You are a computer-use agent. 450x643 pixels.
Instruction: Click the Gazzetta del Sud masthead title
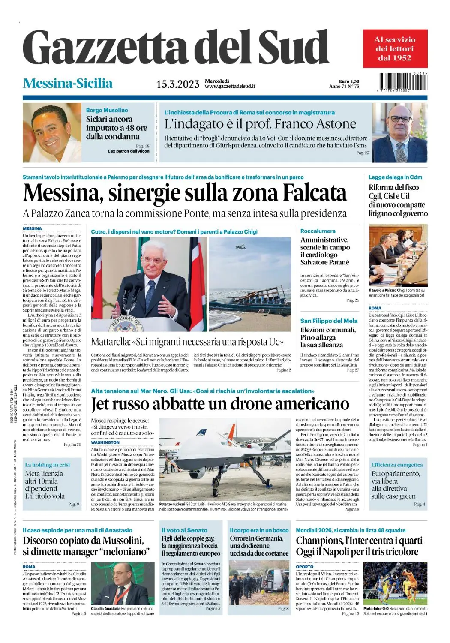point(176,48)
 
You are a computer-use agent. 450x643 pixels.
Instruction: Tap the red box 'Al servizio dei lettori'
point(395,48)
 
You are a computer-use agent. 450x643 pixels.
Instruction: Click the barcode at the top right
point(403,82)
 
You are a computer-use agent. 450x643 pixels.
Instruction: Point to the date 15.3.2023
point(177,84)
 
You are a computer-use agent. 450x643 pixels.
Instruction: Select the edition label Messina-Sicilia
point(68,83)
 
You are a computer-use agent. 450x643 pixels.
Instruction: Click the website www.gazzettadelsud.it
point(230,86)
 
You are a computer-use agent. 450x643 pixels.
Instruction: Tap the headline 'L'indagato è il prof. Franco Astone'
point(260,124)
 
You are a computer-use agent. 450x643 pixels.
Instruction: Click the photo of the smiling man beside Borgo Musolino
point(51,132)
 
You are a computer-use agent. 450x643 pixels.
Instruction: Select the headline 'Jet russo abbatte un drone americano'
point(220,404)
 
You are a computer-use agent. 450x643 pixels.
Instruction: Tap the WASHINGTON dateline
point(105,442)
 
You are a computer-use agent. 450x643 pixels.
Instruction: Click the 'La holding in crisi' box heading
point(47,465)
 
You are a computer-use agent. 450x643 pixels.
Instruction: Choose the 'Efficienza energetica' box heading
point(397,465)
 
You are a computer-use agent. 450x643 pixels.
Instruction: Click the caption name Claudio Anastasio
point(106,609)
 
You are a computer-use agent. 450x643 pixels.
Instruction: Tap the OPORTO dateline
point(304,567)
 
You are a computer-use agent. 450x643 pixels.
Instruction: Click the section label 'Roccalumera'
point(318,231)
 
